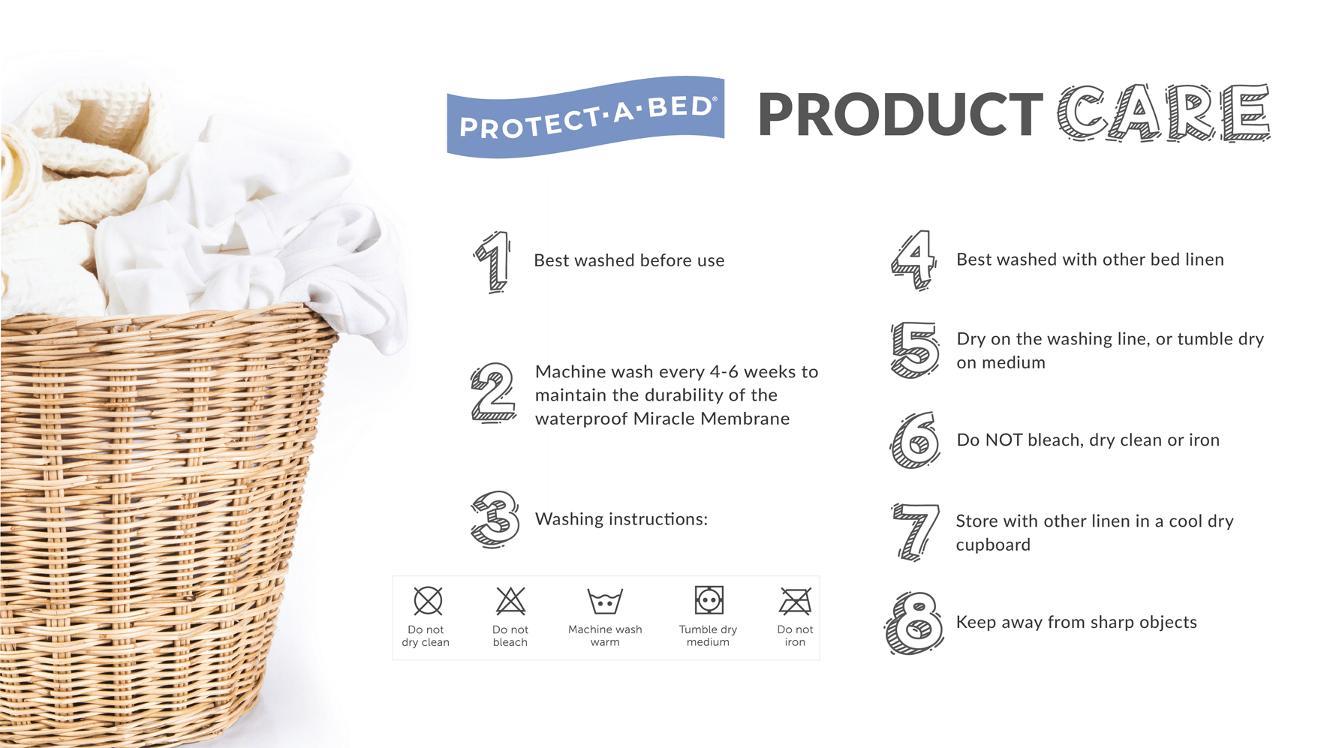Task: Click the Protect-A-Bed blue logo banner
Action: (585, 117)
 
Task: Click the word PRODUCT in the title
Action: (901, 115)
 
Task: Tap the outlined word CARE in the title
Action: (1164, 113)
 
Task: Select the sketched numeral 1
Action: (494, 262)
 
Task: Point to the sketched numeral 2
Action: (493, 393)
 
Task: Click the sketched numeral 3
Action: (495, 518)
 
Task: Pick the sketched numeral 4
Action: (914, 260)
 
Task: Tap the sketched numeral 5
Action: (914, 350)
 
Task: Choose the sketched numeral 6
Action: (915, 440)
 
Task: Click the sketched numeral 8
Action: (914, 623)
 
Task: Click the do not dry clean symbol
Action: (428, 601)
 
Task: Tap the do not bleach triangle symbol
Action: (510, 601)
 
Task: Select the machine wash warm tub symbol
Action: (605, 602)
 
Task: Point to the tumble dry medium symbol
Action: (709, 600)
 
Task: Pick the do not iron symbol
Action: (795, 601)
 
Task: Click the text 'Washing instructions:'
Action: (621, 519)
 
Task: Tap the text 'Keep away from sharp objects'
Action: (1076, 623)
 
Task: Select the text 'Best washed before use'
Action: (629, 260)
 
